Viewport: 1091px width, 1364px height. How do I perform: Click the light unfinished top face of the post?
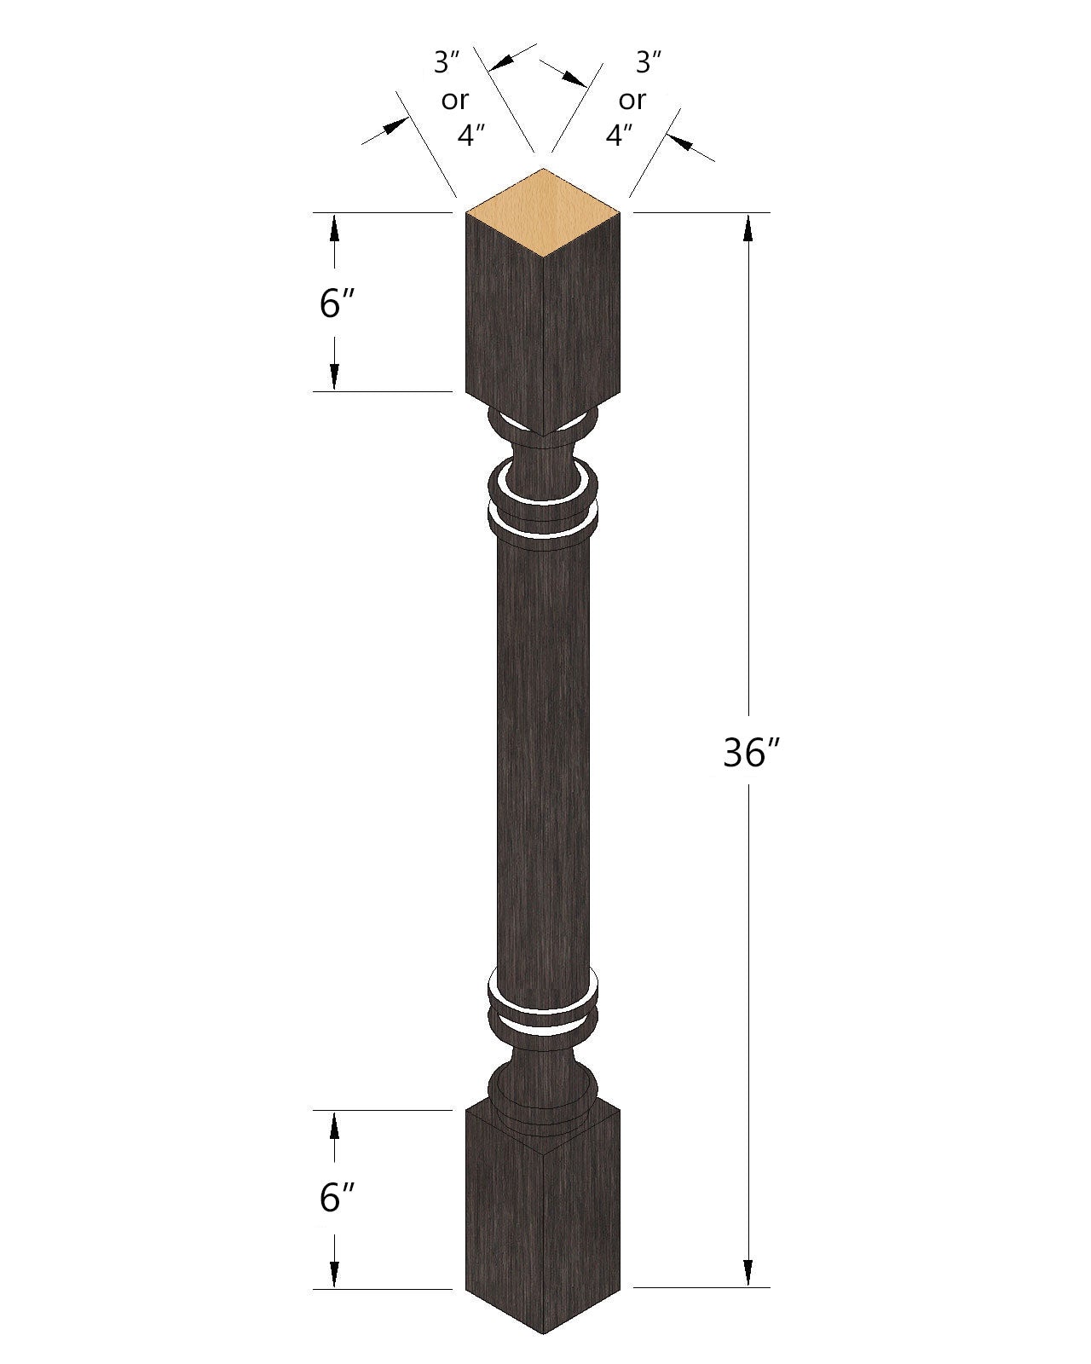tap(544, 211)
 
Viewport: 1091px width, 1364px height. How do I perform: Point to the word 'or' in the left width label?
tap(454, 101)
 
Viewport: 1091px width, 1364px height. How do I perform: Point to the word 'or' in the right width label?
tap(632, 101)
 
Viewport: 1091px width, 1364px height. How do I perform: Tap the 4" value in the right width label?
tap(620, 136)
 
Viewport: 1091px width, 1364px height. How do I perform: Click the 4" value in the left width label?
tap(471, 136)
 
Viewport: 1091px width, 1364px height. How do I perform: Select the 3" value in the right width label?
tap(649, 61)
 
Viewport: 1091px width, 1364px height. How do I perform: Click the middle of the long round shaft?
tap(544, 759)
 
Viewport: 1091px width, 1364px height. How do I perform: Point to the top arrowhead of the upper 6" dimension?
tap(334, 228)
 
